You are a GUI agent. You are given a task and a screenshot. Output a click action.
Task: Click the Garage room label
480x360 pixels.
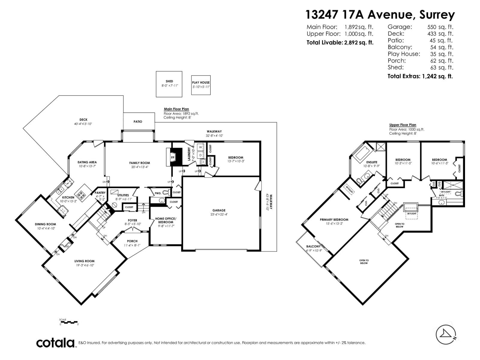(219, 210)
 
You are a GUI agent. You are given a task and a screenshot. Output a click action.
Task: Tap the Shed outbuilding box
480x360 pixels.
(169, 84)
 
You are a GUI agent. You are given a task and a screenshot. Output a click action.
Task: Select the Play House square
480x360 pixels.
(201, 85)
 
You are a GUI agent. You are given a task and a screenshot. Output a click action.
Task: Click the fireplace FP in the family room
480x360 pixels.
(173, 157)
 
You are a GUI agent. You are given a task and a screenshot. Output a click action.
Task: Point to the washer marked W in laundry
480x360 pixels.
(200, 147)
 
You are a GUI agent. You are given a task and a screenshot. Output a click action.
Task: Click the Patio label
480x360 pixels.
(138, 121)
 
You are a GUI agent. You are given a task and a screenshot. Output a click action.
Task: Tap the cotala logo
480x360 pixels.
(55, 343)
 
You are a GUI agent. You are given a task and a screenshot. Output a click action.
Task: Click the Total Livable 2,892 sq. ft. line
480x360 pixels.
(340, 43)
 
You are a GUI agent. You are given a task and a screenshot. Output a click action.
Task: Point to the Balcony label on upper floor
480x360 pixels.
(313, 246)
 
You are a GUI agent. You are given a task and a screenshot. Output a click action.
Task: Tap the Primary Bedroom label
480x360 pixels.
(334, 220)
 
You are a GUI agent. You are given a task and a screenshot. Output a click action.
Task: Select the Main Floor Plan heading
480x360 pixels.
(176, 109)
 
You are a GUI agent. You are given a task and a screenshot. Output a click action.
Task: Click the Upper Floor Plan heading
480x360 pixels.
(403, 125)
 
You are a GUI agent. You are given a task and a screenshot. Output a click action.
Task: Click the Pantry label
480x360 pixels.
(100, 193)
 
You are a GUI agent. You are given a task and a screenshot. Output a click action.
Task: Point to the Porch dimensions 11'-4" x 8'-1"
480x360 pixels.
(132, 245)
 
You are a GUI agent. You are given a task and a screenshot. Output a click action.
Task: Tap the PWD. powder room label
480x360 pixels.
(158, 193)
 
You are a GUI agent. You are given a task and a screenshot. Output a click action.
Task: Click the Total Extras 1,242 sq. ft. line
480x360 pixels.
(420, 76)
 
